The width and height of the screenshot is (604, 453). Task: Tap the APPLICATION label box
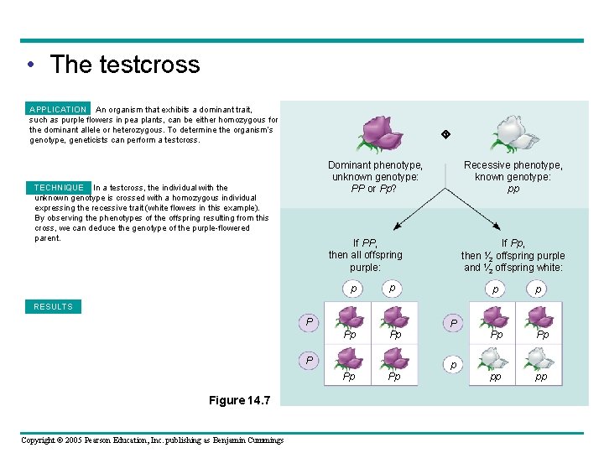(x=58, y=109)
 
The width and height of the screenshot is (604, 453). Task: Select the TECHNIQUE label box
(x=59, y=187)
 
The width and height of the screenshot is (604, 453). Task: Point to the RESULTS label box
(x=54, y=307)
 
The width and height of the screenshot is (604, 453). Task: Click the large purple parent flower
(x=383, y=133)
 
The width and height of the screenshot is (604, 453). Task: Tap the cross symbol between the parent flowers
(x=446, y=134)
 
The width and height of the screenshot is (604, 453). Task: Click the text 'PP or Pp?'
(x=375, y=189)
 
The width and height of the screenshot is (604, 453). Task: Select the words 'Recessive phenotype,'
(x=513, y=165)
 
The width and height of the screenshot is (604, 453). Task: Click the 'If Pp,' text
(x=513, y=242)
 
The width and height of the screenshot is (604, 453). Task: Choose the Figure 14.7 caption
(x=239, y=401)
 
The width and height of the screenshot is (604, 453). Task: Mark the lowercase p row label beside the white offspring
(x=454, y=366)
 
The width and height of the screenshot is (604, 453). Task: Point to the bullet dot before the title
(x=30, y=65)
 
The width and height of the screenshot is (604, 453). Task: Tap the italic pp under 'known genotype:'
(x=513, y=189)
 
